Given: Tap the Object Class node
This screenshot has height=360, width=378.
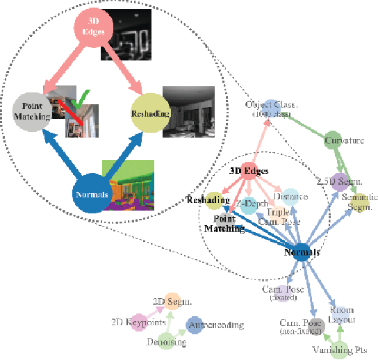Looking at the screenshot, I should pyautogui.click(x=273, y=106).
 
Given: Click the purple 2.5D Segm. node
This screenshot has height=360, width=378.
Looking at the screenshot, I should pyautogui.click(x=339, y=182).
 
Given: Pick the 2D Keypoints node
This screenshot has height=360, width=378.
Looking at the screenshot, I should pyautogui.click(x=149, y=324).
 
